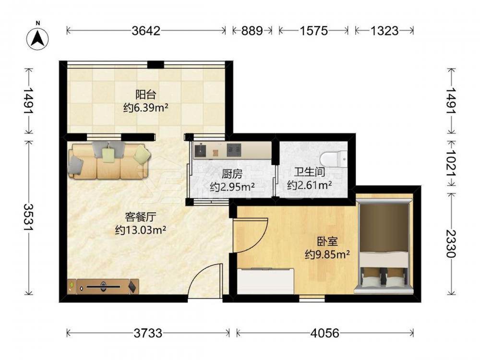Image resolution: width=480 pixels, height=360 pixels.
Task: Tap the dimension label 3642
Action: point(146,31)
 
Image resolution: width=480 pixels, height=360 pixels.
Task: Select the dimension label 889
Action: point(252,31)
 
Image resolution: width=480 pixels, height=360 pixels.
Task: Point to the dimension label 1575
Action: point(313,31)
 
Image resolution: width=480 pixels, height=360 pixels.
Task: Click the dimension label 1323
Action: point(384,31)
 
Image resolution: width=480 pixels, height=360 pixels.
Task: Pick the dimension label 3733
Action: point(148,333)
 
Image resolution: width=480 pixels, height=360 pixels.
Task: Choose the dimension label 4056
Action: point(325,333)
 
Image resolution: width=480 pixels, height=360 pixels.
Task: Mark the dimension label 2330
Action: point(451,244)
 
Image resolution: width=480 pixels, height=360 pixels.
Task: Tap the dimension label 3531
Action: point(29,217)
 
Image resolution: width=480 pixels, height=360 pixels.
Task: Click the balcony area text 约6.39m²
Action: point(146,108)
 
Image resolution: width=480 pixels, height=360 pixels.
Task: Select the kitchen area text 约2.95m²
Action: point(232,186)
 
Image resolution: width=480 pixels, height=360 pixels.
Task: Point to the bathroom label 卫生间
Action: point(309,172)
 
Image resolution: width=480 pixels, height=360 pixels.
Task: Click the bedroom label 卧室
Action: point(327,241)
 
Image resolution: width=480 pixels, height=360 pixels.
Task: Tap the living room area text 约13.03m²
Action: point(141,229)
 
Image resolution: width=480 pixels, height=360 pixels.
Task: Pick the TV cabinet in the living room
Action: point(103,287)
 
